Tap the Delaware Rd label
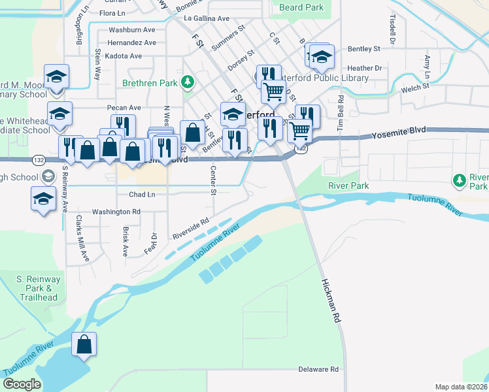318,369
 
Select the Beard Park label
301,7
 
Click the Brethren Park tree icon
188,82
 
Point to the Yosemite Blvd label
399,133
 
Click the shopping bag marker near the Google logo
84,345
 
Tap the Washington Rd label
116,212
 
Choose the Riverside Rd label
190,227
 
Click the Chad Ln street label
142,195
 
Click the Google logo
22,384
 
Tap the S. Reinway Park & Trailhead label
38,288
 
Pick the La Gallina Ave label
207,19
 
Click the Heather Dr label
365,68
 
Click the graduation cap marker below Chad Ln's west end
43,199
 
